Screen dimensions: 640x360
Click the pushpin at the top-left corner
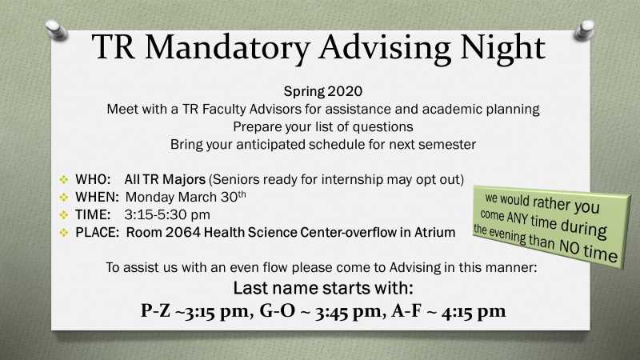pos(57,30)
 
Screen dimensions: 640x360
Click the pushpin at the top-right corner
pos(584,30)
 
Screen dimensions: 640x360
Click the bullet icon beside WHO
pos(64,179)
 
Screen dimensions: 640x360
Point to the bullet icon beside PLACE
pos(64,232)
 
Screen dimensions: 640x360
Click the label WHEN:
pos(97,197)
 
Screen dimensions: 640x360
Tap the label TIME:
pos(93,214)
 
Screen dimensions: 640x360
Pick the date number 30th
pos(234,196)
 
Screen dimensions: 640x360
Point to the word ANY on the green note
pos(517,218)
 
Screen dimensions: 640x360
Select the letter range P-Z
pos(155,310)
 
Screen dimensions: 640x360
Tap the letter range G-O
pos(277,310)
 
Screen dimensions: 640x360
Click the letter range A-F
pos(406,310)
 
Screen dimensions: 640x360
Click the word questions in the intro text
pos(382,127)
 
